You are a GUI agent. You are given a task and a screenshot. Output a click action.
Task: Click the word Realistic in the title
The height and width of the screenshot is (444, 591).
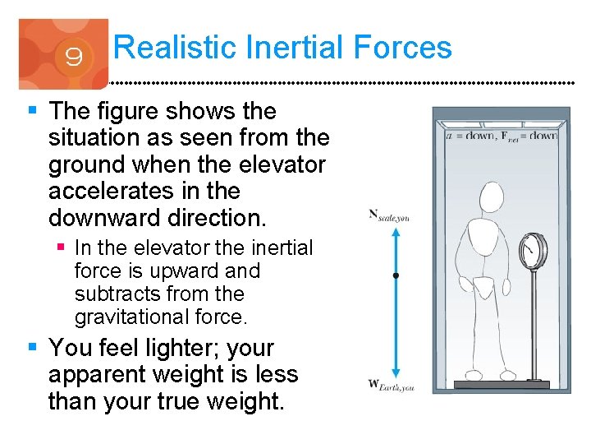[168, 47]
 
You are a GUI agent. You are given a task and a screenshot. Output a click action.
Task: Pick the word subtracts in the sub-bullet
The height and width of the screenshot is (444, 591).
[116, 294]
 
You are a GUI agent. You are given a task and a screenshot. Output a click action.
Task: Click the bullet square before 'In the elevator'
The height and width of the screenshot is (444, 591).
[62, 247]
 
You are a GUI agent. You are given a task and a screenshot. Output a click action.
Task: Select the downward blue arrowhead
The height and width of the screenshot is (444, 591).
[396, 372]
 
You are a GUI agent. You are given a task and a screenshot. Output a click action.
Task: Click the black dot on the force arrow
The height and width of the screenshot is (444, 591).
[396, 276]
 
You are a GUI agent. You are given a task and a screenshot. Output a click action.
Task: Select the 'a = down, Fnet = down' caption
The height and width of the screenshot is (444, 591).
[500, 136]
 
